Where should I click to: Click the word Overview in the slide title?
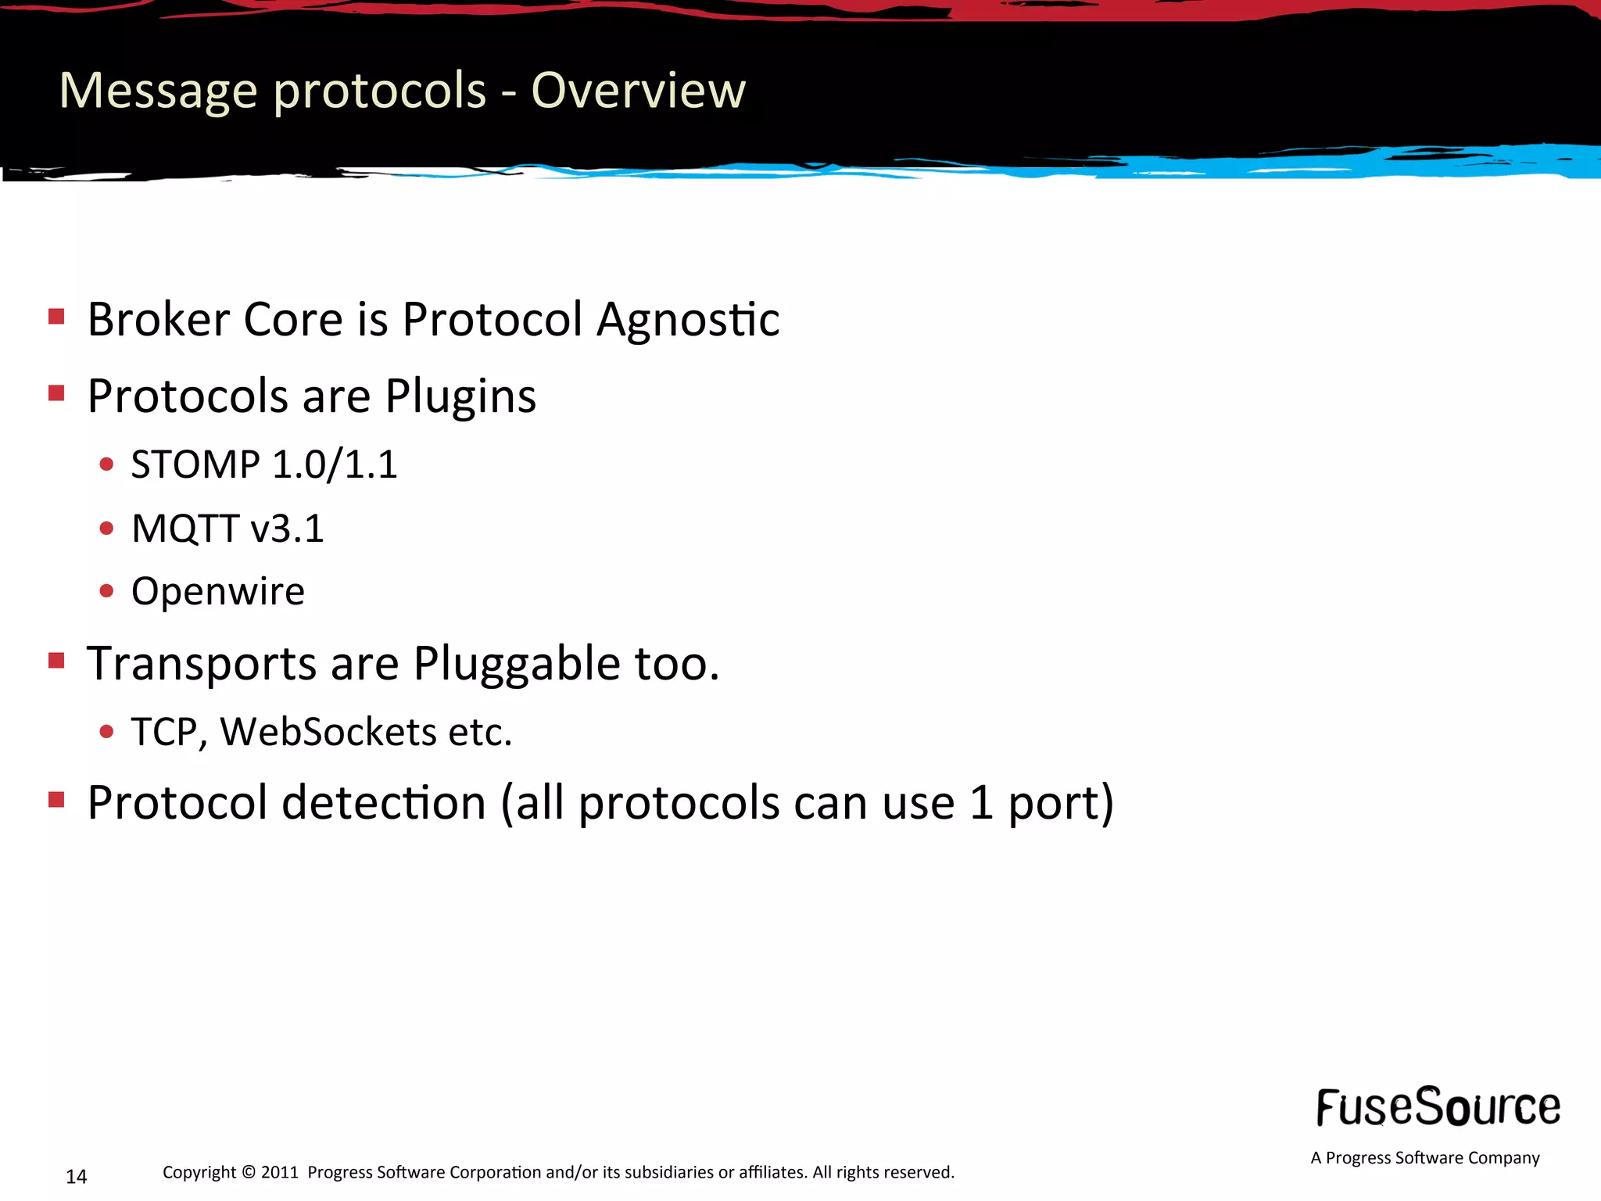pos(638,90)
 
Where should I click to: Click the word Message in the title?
pos(158,91)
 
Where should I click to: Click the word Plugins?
pos(460,396)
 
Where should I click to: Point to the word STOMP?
pos(195,464)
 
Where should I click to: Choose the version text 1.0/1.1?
pos(335,464)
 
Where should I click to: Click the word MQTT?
pos(185,529)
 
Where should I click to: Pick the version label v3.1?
pos(287,529)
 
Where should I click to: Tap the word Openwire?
pos(218,591)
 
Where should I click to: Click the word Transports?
pos(202,664)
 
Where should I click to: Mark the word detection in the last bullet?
pos(384,803)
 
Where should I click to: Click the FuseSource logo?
pos(1438,1107)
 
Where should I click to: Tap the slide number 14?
pos(77,1177)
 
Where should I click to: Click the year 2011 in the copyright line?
pos(280,1172)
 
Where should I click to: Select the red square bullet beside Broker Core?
pos(56,317)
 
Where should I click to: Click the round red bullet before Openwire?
pos(107,590)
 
